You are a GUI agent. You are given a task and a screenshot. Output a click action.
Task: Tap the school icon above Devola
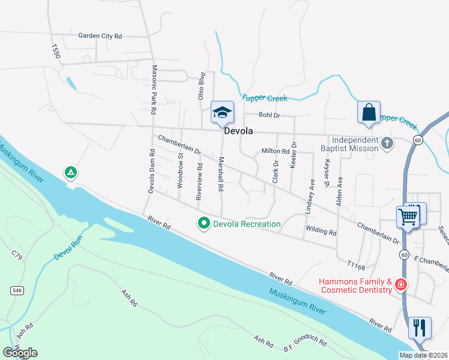[222, 112]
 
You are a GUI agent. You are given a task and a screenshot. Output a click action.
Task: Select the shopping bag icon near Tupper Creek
[369, 112]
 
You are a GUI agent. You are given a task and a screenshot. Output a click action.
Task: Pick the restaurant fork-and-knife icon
[420, 328]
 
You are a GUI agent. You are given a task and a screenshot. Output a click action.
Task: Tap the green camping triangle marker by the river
[71, 173]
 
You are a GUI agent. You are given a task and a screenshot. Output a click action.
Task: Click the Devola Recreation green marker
[204, 224]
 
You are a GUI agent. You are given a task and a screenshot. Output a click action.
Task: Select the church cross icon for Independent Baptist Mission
[388, 143]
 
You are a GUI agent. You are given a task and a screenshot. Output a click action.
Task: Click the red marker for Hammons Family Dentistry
[400, 285]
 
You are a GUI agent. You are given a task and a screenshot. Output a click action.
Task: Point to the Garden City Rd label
[100, 36]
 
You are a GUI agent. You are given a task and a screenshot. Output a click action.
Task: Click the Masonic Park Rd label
[154, 90]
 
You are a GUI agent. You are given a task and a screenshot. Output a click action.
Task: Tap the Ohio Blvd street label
[202, 86]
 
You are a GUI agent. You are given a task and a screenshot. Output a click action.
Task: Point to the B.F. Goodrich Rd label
[306, 345]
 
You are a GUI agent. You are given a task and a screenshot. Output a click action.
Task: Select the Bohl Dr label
[266, 115]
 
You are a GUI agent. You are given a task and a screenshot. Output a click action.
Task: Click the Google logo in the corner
[20, 353]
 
